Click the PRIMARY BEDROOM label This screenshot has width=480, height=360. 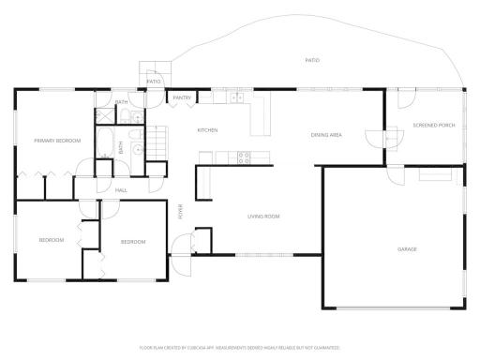coord(57,141)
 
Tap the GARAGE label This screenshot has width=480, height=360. coord(407,248)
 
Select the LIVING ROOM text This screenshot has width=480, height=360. coord(263,217)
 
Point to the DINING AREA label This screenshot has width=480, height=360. coord(326,135)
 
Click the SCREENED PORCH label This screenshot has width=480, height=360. coord(433,125)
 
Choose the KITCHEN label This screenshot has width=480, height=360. coord(207,130)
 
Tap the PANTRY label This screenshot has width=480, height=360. coord(182,97)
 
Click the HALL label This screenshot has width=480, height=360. coord(121,190)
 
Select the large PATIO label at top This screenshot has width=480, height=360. coord(312,60)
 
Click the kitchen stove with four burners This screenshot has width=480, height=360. coord(244,157)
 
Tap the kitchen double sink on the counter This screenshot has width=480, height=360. coord(237,97)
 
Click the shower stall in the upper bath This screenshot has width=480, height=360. coord(103,117)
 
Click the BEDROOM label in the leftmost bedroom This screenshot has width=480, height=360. coord(51,240)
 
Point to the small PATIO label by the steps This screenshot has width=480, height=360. coord(154,82)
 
